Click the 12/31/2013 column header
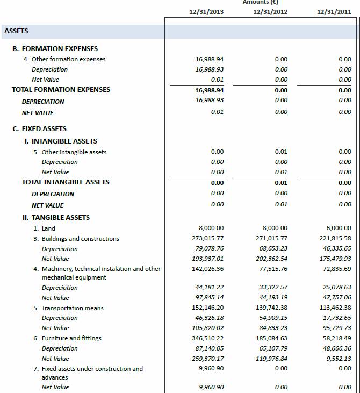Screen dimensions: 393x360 coord(206,11)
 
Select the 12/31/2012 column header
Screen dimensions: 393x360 coord(270,11)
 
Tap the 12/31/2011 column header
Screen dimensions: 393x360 coord(334,11)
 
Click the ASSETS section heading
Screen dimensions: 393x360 coord(16,31)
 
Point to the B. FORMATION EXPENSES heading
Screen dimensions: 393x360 coord(55,48)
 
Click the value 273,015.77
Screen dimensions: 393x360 coord(207,239)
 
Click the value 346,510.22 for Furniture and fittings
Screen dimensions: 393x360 coord(207,338)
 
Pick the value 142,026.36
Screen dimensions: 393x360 coord(207,269)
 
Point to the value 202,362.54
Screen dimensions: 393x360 coord(271,259)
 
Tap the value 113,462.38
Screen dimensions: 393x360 coord(335,308)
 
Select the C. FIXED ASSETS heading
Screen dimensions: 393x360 coord(39,129)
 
